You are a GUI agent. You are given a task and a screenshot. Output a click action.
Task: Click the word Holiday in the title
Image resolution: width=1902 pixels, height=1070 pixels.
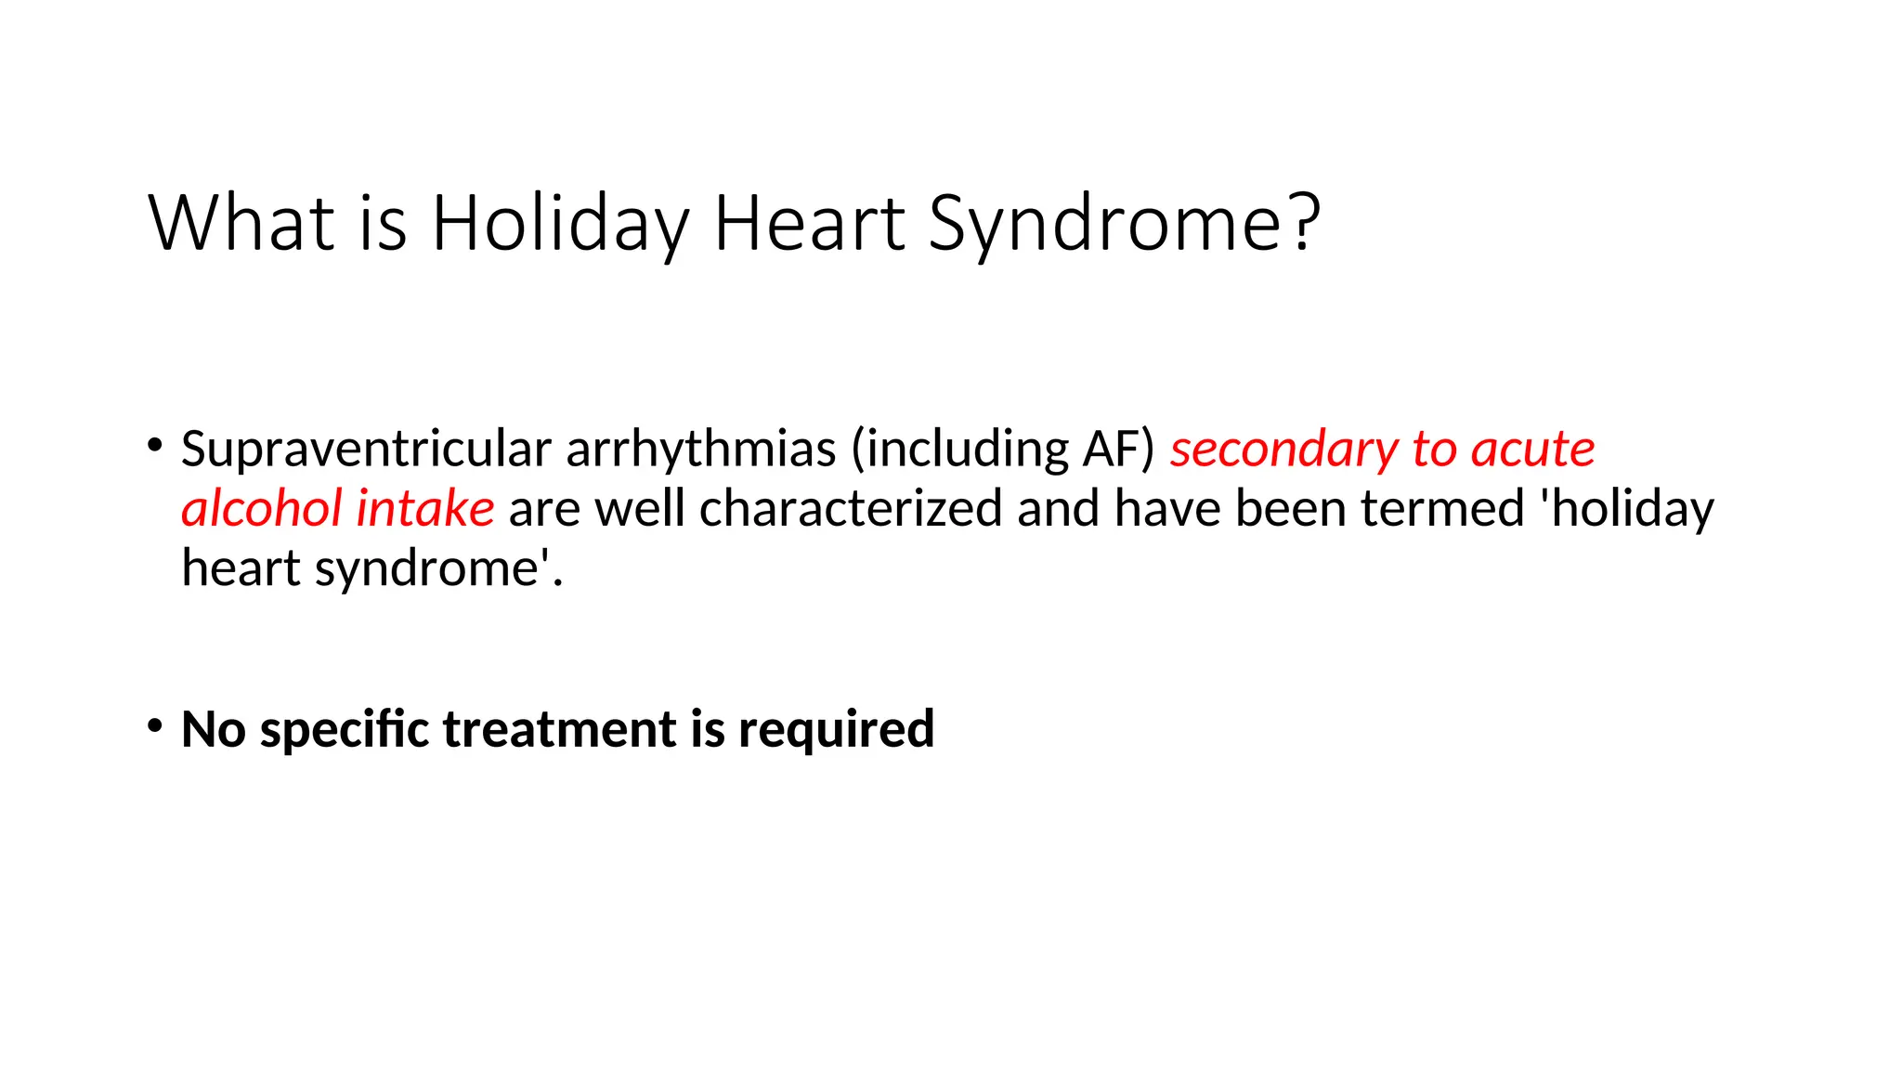(560, 224)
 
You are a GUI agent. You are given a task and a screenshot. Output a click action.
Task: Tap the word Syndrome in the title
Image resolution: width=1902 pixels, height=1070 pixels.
(1106, 224)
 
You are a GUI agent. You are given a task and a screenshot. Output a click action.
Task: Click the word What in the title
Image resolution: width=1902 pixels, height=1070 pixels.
(241, 224)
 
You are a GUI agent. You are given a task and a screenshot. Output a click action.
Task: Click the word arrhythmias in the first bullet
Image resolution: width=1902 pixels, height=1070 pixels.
(701, 450)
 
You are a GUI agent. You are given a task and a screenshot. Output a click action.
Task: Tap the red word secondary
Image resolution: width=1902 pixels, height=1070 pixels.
(1284, 450)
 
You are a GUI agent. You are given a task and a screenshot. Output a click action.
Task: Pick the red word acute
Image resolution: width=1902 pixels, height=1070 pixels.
(1533, 450)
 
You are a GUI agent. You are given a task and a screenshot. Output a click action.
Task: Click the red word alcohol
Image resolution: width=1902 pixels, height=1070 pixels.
(262, 509)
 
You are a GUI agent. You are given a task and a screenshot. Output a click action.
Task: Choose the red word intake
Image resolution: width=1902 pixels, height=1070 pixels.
(425, 509)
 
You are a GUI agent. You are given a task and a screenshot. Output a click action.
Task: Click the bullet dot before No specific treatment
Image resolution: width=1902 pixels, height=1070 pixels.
(154, 724)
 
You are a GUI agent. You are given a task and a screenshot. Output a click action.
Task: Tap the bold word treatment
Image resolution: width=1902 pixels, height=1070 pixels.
(560, 729)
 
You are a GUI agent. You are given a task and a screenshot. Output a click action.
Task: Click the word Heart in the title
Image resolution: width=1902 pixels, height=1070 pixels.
(809, 224)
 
